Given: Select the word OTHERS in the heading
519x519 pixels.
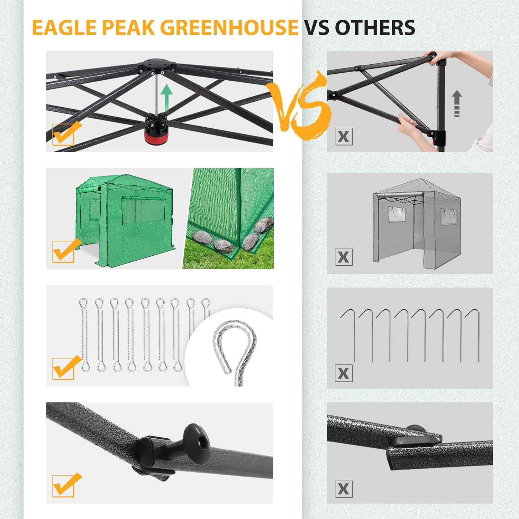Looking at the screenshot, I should tap(375, 28).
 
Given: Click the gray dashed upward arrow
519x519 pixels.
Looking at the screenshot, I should tap(457, 103).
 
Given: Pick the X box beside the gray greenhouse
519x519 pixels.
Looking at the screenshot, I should tap(344, 257).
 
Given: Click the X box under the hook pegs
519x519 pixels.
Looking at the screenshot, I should tap(344, 373).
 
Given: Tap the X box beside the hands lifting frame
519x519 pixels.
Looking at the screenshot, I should tap(344, 136).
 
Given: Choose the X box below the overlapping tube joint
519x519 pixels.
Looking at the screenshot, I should tap(344, 489).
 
